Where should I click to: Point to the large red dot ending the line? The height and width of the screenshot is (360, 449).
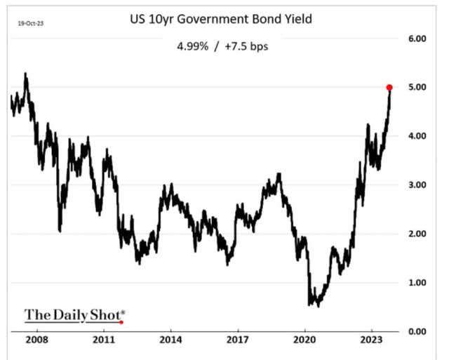(389, 87)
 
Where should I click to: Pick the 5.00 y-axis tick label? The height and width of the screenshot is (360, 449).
(417, 87)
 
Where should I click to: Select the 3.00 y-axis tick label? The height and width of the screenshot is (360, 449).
(417, 185)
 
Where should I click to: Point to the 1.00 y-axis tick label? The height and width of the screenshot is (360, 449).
(417, 282)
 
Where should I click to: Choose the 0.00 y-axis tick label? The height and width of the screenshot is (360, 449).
(417, 331)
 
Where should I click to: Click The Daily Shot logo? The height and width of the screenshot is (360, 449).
(74, 314)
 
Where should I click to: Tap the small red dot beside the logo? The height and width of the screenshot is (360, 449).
(122, 322)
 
